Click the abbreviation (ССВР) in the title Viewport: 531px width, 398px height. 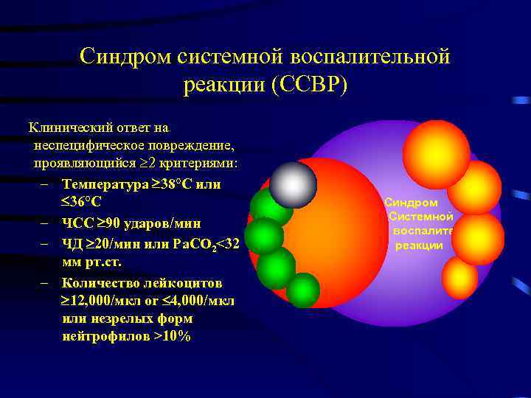point(308,85)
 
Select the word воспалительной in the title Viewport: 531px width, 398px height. point(371,56)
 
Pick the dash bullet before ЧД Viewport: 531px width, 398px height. point(46,243)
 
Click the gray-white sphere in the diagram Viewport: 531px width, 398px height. point(293,184)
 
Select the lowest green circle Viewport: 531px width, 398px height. point(302,290)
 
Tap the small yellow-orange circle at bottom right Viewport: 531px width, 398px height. point(459,277)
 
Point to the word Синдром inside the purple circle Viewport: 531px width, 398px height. point(411,202)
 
